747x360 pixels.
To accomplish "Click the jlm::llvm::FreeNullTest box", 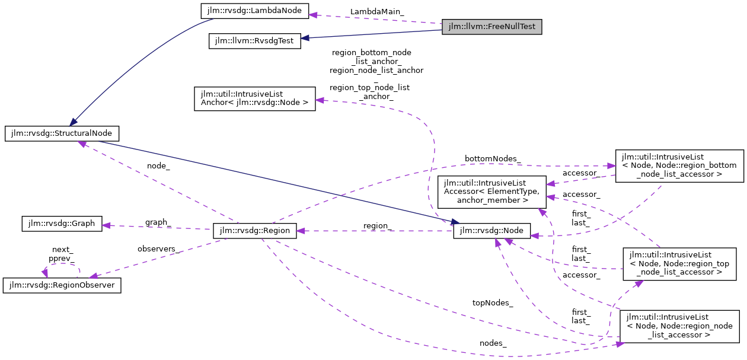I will [x=492, y=27].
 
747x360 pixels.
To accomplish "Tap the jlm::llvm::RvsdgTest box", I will [x=255, y=42].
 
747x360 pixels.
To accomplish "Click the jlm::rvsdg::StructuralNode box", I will [x=62, y=133].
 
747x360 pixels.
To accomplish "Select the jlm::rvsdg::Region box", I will [x=255, y=231].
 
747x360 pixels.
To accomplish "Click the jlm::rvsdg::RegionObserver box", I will [x=62, y=285].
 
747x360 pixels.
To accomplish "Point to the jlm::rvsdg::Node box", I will [x=491, y=231].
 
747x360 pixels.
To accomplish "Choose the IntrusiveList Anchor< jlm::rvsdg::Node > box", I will [x=255, y=98].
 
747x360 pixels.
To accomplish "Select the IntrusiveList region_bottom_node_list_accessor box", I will [x=679, y=165].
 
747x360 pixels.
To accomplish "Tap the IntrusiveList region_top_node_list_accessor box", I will [x=679, y=263].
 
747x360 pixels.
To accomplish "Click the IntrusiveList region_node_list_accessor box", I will [x=679, y=326].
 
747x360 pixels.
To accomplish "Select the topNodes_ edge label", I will [x=492, y=302].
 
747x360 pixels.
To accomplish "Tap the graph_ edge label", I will [x=158, y=222].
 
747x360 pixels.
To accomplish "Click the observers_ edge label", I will [x=158, y=249].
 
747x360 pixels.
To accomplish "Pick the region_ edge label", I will [x=378, y=225].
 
